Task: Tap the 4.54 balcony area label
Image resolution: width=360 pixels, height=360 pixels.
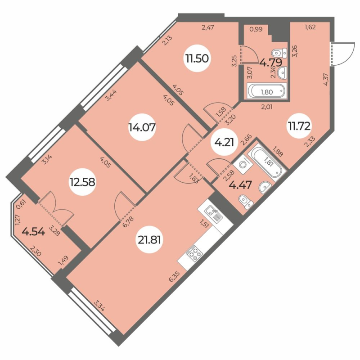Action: coord(32,233)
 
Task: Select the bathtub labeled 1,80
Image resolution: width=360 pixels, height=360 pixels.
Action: coord(266,91)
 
